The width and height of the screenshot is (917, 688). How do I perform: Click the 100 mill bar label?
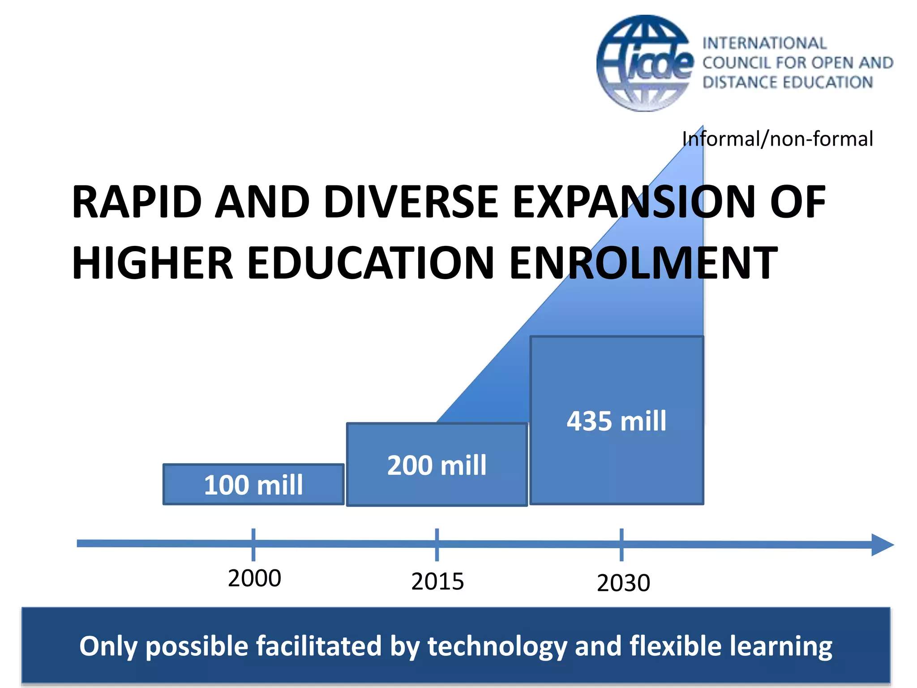pyautogui.click(x=253, y=485)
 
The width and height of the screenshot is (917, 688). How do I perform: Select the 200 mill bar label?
pyautogui.click(x=437, y=465)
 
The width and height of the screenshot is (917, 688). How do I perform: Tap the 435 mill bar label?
pyautogui.click(x=617, y=421)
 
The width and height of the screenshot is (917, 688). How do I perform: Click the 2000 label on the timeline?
pyautogui.click(x=254, y=578)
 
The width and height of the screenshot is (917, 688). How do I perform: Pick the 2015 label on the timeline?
pyautogui.click(x=437, y=582)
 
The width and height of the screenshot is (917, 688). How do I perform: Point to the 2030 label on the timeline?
pyautogui.click(x=623, y=583)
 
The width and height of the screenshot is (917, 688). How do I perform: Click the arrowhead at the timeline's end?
pyautogui.click(x=882, y=545)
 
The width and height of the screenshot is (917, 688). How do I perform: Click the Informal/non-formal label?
pyautogui.click(x=777, y=139)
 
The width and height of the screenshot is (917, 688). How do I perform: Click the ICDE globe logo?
pyautogui.click(x=645, y=64)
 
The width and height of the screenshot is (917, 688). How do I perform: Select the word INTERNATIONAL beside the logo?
pyautogui.click(x=764, y=43)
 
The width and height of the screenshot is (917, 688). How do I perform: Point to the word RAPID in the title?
pyautogui.click(x=137, y=202)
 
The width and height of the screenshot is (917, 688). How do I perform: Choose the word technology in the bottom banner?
pyautogui.click(x=497, y=647)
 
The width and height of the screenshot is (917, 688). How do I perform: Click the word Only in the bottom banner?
pyautogui.click(x=107, y=647)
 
